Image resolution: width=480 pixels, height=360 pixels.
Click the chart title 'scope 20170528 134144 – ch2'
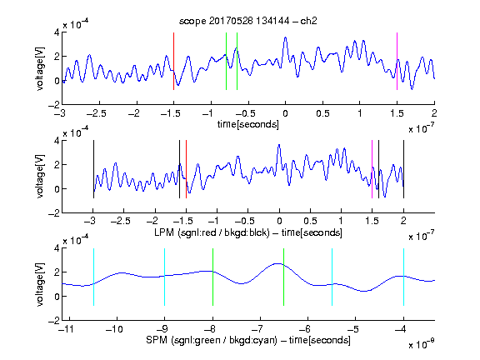(248, 21)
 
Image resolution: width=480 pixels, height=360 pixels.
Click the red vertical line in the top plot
(173, 61)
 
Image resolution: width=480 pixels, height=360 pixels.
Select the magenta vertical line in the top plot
(397, 61)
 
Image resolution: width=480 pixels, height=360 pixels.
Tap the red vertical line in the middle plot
(186, 169)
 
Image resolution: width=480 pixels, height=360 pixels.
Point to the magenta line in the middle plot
(372, 169)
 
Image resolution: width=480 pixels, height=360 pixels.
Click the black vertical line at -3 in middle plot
(93, 169)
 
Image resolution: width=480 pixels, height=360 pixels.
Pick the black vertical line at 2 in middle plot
(403, 169)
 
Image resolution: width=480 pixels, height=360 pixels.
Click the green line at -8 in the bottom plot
(212, 277)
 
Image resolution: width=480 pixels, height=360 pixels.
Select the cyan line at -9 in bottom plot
(165, 277)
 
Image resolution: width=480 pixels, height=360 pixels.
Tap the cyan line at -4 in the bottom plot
(403, 277)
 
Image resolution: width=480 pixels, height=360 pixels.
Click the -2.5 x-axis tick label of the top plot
(97, 113)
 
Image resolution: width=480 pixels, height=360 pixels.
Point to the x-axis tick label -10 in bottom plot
(114, 329)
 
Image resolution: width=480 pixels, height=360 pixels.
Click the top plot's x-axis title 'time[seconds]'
(248, 124)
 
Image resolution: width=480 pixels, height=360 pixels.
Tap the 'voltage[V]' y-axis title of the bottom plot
(40, 284)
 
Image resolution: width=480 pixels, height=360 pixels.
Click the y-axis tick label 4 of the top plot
(57, 32)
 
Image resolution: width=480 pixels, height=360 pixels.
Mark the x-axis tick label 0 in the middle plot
(279, 222)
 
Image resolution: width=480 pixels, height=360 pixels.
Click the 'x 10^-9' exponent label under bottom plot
(421, 344)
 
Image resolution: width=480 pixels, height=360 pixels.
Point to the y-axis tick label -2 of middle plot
(54, 213)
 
